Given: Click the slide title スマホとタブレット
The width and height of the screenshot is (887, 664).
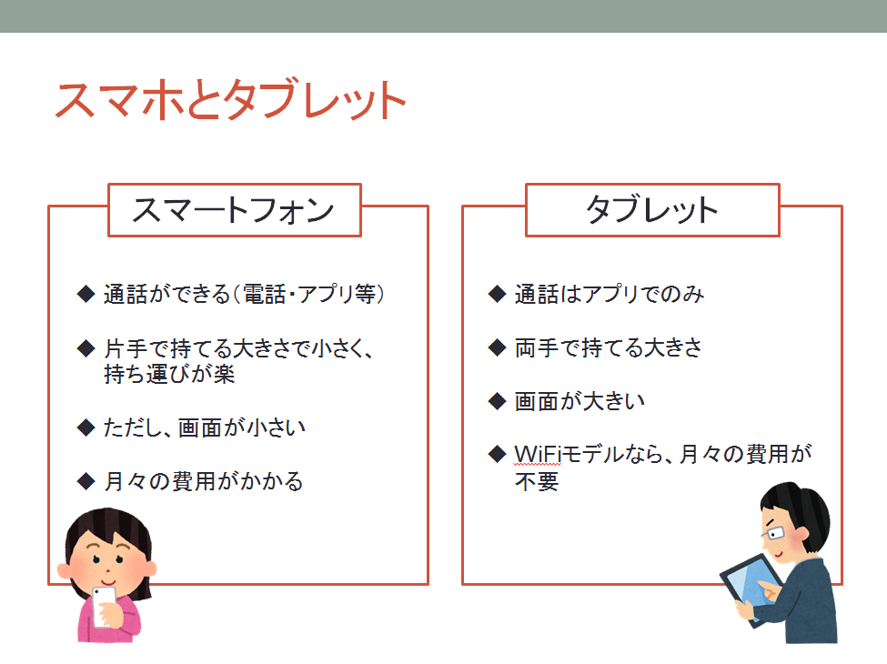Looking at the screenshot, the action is click(x=231, y=100).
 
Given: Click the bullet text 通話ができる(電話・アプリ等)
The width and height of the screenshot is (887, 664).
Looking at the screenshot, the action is click(x=244, y=294).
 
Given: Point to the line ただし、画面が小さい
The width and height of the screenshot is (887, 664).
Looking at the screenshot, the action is click(x=204, y=428).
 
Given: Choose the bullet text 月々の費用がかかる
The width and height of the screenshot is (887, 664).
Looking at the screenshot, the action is click(x=204, y=481).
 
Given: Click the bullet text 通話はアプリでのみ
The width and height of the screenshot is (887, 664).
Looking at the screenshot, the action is click(x=610, y=294).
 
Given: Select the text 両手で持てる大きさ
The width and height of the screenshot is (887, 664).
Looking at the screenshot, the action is click(x=608, y=347).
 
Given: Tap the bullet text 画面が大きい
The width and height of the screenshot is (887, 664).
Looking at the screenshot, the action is click(x=580, y=401).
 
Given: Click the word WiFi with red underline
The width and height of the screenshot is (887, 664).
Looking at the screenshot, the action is click(x=538, y=454).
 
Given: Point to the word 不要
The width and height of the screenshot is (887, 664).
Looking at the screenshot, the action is click(x=537, y=482).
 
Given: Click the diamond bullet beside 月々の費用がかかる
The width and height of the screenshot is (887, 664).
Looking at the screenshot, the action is click(x=86, y=481).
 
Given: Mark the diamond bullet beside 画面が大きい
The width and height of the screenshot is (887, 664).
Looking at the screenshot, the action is click(x=497, y=401).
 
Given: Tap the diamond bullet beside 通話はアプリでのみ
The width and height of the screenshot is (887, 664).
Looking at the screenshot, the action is click(x=497, y=294).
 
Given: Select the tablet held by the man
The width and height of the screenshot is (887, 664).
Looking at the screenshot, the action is click(x=751, y=589).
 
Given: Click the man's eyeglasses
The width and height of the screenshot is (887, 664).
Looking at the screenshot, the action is click(x=772, y=533).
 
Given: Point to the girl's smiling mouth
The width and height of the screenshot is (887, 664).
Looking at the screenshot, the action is click(x=108, y=581).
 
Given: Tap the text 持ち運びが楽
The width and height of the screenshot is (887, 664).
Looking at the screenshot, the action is click(x=169, y=375).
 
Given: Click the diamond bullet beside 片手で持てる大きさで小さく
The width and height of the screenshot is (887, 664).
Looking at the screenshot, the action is click(x=86, y=347).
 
